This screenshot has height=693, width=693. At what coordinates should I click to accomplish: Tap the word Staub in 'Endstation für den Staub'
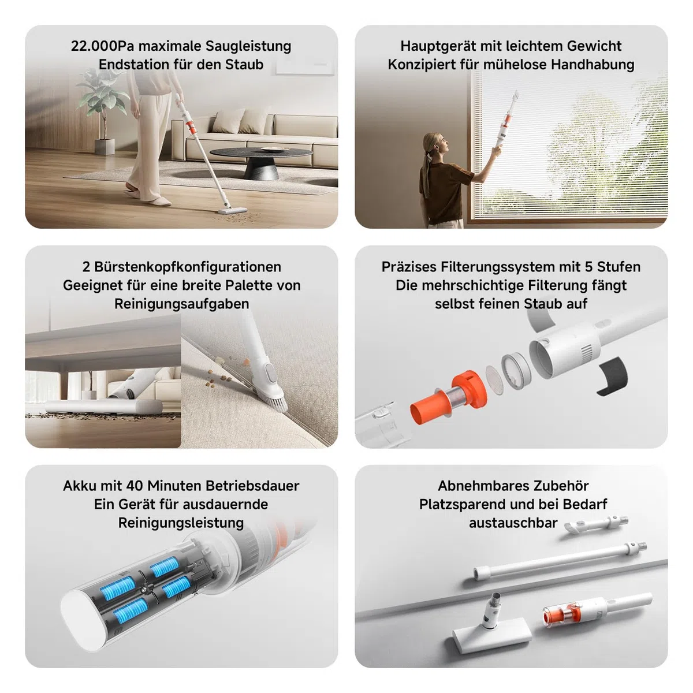point(244,64)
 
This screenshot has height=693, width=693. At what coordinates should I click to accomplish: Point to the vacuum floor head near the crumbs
point(232,210)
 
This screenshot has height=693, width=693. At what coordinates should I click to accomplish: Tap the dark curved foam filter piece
point(613,377)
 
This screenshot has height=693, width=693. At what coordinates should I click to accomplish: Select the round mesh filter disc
point(495,379)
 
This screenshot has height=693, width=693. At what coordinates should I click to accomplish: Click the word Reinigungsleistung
point(181,523)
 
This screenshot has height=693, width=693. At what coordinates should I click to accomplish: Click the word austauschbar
point(513,523)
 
